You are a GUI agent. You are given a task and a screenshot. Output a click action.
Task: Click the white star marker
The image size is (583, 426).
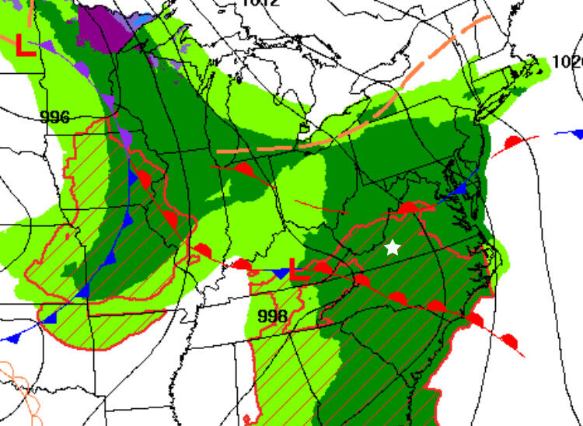(x=393, y=248)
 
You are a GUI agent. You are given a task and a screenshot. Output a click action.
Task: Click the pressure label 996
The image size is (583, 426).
(x=54, y=117)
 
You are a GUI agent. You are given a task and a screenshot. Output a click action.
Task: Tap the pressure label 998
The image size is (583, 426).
(x=272, y=316)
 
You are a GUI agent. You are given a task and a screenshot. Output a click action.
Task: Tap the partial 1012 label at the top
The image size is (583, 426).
(x=259, y=3)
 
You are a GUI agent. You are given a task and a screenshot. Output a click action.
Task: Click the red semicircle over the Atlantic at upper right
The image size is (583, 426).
(x=513, y=143)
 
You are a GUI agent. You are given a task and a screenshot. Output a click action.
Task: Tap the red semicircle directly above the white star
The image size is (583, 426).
(x=408, y=207)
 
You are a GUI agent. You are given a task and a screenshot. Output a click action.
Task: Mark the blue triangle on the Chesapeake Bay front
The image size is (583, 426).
(x=461, y=188)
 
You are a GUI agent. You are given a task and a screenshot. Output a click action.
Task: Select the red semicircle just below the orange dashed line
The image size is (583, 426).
(x=243, y=169)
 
